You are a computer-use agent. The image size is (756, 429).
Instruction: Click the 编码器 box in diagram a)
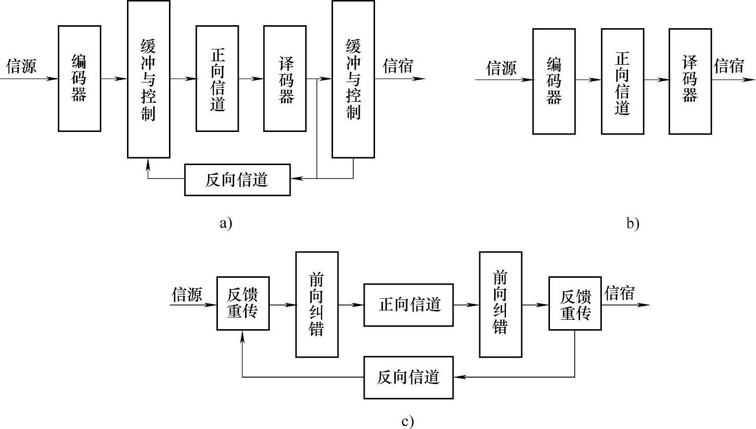(x=80, y=79)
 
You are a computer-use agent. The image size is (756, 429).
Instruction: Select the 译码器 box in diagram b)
(x=690, y=81)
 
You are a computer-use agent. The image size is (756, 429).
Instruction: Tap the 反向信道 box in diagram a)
(x=237, y=179)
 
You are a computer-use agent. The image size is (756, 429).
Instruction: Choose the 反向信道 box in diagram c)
(x=408, y=378)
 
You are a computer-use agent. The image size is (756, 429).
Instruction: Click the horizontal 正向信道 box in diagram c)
(x=408, y=305)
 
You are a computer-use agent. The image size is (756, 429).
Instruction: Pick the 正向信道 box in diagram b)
(x=622, y=81)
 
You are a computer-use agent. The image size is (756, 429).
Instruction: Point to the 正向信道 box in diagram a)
(x=217, y=79)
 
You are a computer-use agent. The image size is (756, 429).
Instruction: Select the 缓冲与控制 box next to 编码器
(x=148, y=79)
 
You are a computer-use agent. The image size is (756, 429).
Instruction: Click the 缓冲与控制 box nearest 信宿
(x=353, y=79)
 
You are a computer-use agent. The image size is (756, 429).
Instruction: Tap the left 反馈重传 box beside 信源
(x=243, y=303)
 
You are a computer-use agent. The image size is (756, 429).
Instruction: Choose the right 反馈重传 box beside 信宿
(x=575, y=303)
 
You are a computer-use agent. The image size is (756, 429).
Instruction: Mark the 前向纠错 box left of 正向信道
(x=317, y=304)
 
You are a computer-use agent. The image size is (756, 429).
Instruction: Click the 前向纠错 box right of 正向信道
(x=500, y=304)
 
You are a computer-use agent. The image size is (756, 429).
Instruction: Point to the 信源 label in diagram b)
(x=501, y=68)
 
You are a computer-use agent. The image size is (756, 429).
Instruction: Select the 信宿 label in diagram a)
(x=398, y=66)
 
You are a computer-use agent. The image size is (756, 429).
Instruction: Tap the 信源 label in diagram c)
(x=187, y=295)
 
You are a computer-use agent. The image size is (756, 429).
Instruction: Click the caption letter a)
(x=225, y=223)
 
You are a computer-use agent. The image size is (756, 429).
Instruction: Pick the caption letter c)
(x=407, y=421)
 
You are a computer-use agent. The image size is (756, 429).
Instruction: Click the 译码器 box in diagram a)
(x=285, y=79)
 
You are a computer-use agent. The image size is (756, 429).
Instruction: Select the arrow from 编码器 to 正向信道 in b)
(x=588, y=80)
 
